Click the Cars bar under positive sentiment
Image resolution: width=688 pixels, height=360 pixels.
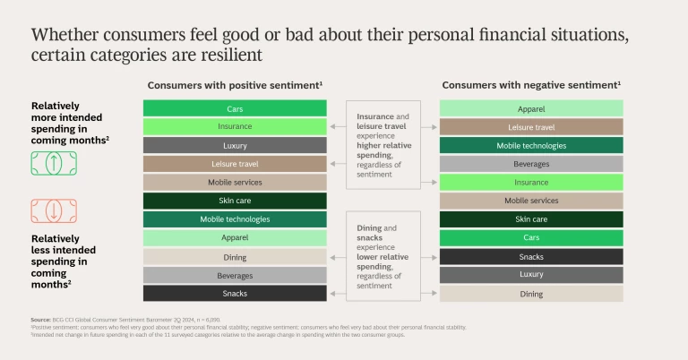[235, 108]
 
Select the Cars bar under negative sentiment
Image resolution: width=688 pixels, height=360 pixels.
[530, 237]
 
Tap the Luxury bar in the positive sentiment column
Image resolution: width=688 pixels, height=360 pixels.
[235, 145]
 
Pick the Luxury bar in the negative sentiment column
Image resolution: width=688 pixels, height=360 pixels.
[530, 274]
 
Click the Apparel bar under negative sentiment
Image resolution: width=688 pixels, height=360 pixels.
[530, 108]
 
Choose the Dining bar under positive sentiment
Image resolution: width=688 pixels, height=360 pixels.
[235, 256]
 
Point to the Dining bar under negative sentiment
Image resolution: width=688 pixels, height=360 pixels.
[530, 293]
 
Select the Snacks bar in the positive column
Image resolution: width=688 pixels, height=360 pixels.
[235, 293]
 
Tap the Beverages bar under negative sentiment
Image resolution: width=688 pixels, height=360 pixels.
[530, 164]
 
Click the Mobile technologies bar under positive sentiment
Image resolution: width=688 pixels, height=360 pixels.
[235, 219]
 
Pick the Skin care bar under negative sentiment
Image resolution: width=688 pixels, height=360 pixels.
[530, 219]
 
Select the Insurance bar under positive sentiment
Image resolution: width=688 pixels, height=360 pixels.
[235, 126]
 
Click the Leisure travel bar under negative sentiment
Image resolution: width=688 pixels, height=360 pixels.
[530, 127]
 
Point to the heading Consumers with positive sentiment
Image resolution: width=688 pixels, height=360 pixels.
[235, 84]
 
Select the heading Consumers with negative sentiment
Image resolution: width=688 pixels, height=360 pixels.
[530, 84]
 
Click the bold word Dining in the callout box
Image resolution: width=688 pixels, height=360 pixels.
[369, 228]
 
